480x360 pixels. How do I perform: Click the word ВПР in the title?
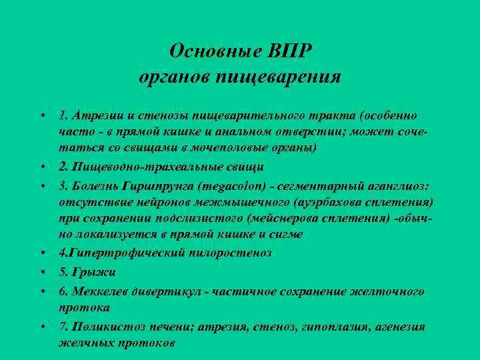tap(291, 51)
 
